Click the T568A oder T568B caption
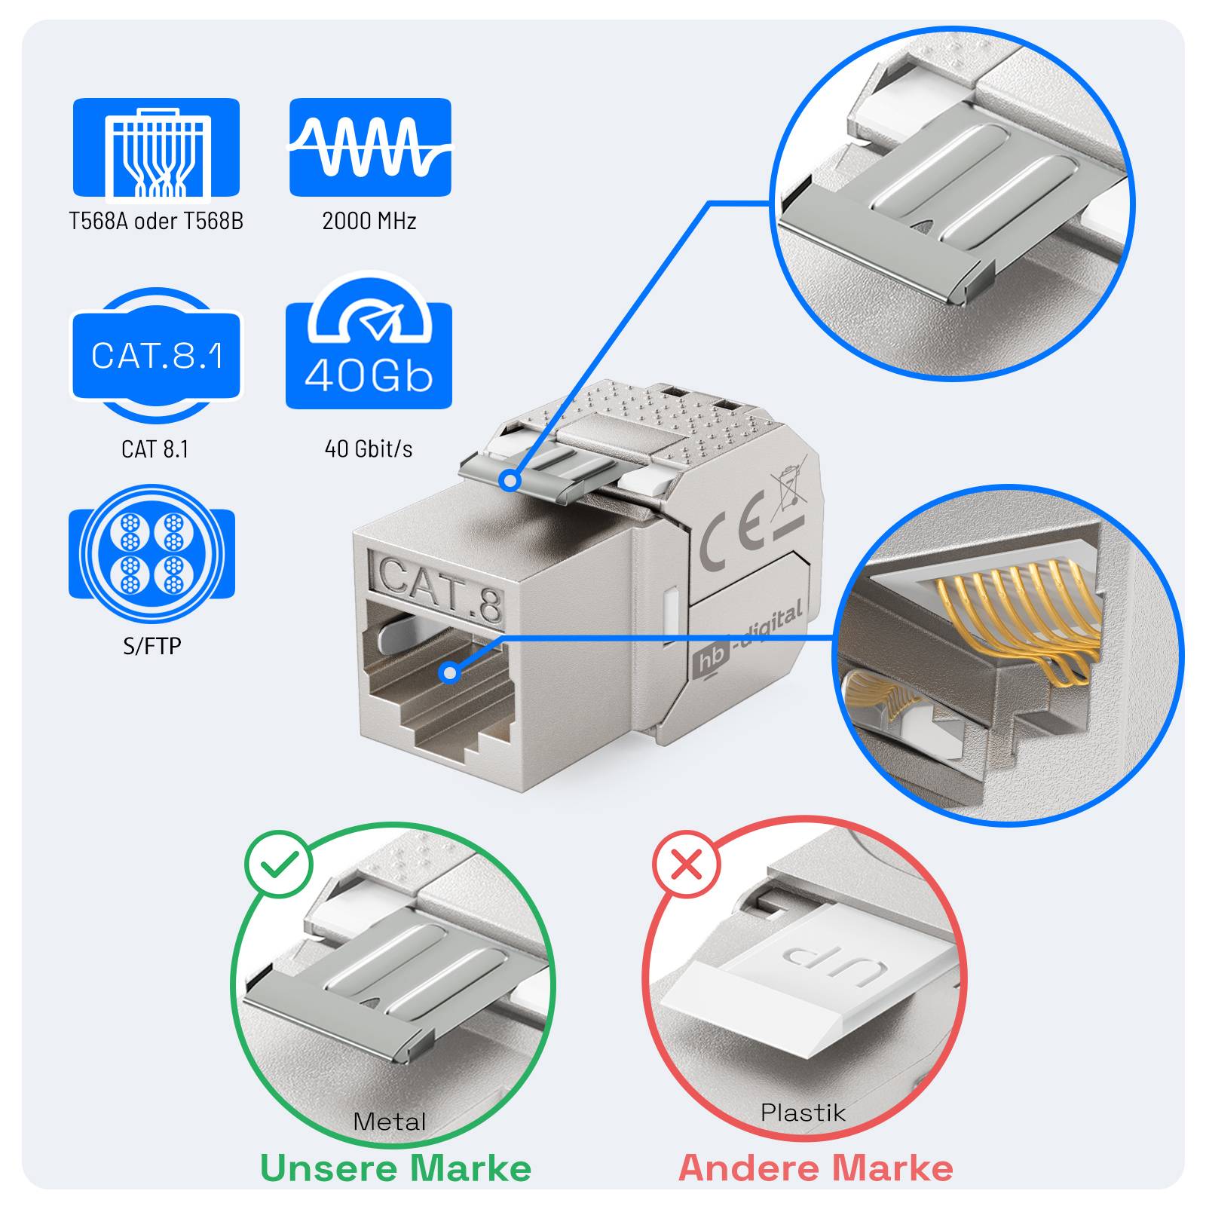[156, 221]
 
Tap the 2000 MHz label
[369, 221]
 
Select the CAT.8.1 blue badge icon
[156, 355]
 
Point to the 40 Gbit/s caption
[369, 449]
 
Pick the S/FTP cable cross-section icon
[152, 554]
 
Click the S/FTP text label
[152, 646]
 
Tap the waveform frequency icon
[370, 147]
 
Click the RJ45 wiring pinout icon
[156, 148]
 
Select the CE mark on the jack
[731, 535]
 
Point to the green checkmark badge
[278, 864]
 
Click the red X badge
[687, 864]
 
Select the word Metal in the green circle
[390, 1122]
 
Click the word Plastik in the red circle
[803, 1113]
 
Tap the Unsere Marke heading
[396, 1169]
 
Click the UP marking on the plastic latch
[831, 963]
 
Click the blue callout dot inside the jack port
[450, 672]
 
